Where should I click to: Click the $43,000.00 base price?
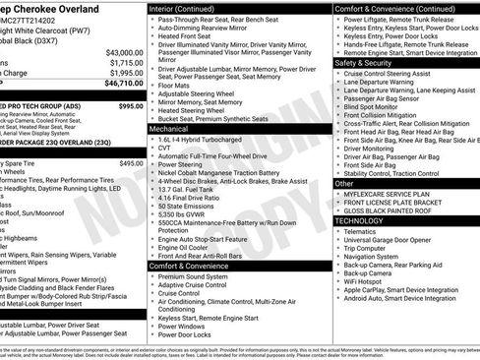121,50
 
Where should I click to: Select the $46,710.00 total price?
121,86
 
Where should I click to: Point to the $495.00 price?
131,163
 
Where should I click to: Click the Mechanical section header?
169,128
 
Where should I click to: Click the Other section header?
344,183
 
